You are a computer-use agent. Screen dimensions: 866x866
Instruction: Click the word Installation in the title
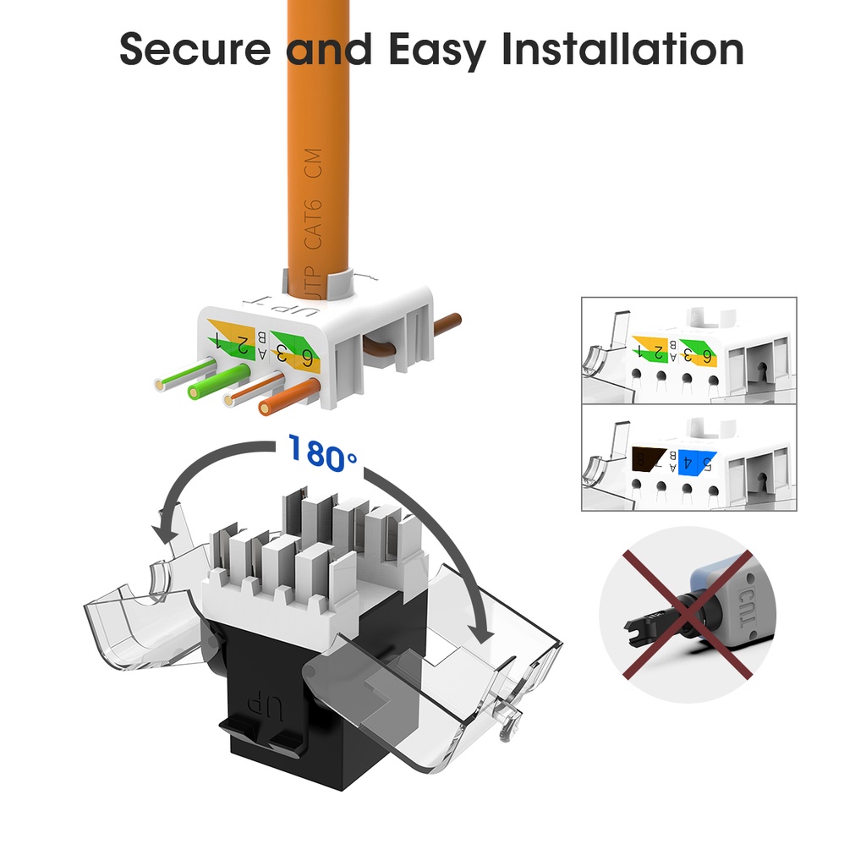coord(623,50)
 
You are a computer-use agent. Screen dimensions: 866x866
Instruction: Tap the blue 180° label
coord(322,452)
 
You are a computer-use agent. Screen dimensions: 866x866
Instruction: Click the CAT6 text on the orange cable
coord(313,222)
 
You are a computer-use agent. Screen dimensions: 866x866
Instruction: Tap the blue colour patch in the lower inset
coord(688,460)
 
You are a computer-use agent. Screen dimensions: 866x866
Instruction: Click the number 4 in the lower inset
coord(689,462)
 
